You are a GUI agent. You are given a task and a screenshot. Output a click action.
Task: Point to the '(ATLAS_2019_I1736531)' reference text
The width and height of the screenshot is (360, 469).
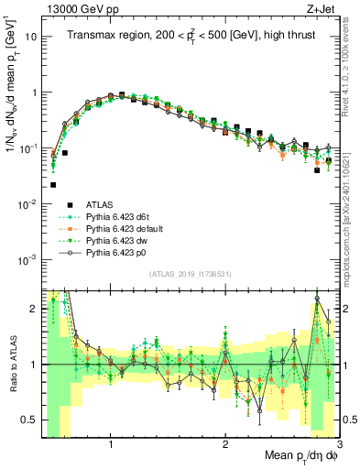pyautogui.click(x=190, y=274)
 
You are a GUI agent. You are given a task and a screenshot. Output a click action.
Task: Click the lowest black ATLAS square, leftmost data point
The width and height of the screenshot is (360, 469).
pyautogui.click(x=53, y=184)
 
